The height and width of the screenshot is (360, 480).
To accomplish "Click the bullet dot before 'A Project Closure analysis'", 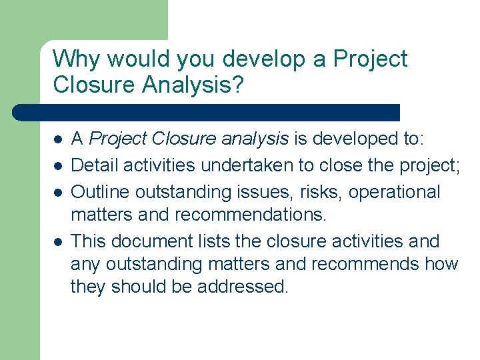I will click(x=58, y=139).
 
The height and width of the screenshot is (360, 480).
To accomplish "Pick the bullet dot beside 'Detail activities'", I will click(x=58, y=166).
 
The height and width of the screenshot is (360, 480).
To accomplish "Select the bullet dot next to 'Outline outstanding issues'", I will click(x=58, y=193).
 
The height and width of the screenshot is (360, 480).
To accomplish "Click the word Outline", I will click(x=100, y=192).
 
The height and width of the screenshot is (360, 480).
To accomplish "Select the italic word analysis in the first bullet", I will click(x=257, y=139).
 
